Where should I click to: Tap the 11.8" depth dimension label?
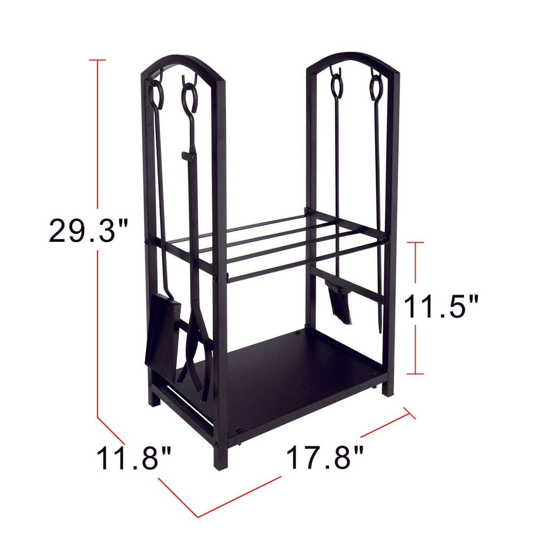(x=134, y=458)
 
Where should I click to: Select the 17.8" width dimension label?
(x=324, y=457)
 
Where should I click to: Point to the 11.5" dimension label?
(x=441, y=306)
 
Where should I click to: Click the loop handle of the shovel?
(x=156, y=95)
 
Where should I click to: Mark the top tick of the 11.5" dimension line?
(x=416, y=242)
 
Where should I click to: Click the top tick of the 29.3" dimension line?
(x=98, y=60)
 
